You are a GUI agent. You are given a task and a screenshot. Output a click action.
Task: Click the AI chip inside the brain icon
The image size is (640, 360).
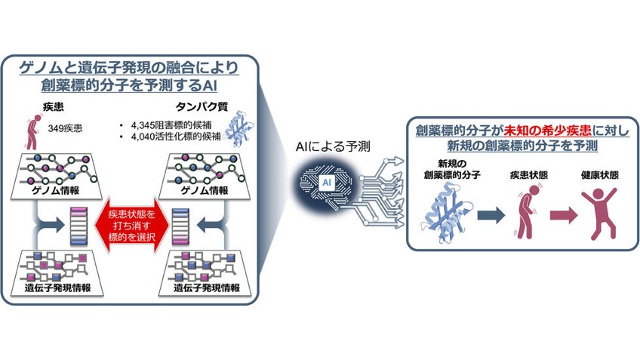[x=327, y=183]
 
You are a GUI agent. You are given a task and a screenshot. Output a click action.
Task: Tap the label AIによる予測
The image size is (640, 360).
[x=333, y=146]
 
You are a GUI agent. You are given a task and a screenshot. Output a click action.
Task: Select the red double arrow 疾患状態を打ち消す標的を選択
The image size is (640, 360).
[x=132, y=226]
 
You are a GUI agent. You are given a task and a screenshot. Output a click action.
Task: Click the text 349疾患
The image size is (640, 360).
[x=65, y=128]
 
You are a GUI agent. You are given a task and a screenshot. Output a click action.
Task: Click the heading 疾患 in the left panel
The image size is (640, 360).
[x=53, y=107]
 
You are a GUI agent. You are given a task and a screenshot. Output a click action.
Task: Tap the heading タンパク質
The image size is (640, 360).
[x=202, y=107]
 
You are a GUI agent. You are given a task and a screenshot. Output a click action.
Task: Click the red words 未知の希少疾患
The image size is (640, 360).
[x=547, y=131]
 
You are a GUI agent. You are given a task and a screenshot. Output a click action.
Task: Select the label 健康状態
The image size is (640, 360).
[x=599, y=175]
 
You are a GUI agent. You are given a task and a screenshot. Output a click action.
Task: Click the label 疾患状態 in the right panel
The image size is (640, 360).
[x=528, y=175]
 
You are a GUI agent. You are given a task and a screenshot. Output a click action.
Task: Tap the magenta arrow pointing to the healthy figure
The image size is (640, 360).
[x=564, y=214]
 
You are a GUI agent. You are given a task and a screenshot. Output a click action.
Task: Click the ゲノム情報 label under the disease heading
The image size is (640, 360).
[x=56, y=190]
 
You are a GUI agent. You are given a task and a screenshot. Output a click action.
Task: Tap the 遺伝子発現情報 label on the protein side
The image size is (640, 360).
[x=207, y=288]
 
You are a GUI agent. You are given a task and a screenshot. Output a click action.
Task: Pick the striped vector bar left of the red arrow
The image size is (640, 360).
[x=78, y=226]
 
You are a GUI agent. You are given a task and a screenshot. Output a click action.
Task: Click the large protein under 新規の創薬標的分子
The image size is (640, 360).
[x=448, y=212]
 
